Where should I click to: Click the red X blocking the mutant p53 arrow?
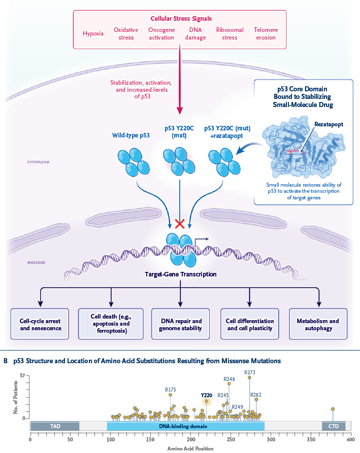point(179,223)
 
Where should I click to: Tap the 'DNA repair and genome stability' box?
point(181,325)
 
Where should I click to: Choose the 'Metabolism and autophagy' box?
point(318,325)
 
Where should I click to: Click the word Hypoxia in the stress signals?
point(93,34)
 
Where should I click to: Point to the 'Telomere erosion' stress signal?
point(266,34)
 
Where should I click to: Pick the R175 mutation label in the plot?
point(171,390)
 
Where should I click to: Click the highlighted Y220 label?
point(206,395)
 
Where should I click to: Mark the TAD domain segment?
point(55,426)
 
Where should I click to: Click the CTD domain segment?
point(334,426)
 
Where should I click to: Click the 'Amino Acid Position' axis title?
point(190,448)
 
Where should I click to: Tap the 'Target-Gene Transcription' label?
point(181,274)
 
